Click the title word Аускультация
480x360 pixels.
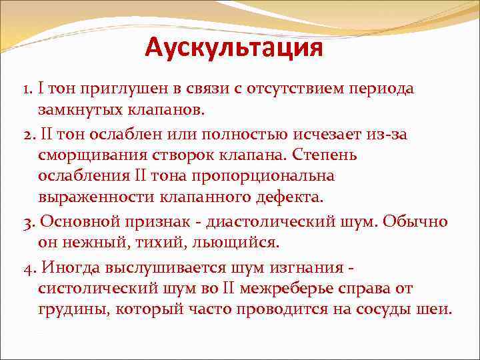coord(233,47)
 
